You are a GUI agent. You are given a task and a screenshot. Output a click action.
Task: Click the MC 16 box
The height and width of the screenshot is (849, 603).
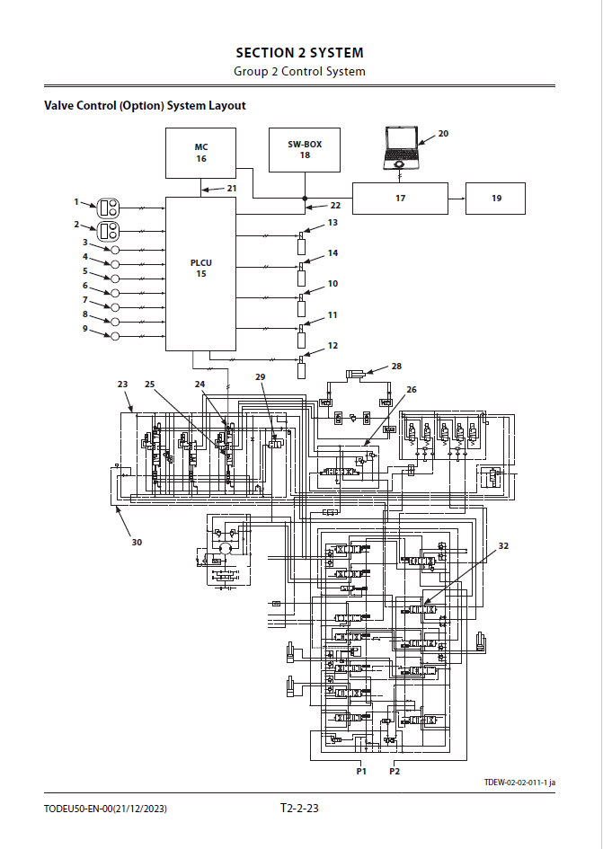pyautogui.click(x=200, y=154)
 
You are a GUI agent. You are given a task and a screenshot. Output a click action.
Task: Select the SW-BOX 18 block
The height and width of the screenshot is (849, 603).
pyautogui.click(x=305, y=150)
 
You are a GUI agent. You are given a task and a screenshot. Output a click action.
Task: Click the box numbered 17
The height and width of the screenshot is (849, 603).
pyautogui.click(x=401, y=199)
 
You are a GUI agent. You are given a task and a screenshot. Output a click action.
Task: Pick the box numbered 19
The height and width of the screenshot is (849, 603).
pyautogui.click(x=496, y=199)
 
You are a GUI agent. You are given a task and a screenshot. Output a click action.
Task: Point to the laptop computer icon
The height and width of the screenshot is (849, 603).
pyautogui.click(x=401, y=147)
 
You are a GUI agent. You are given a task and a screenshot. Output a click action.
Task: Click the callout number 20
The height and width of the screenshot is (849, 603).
pyautogui.click(x=443, y=133)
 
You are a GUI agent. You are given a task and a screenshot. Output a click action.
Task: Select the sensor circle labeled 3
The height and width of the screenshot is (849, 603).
pyautogui.click(x=115, y=250)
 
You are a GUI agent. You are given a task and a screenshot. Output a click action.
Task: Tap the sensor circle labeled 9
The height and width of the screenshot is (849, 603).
pyautogui.click(x=115, y=336)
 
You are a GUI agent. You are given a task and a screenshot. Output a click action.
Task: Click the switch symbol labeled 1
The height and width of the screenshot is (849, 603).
pyautogui.click(x=107, y=208)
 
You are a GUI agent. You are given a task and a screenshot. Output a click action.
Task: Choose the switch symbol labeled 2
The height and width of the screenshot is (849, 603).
pyautogui.click(x=107, y=231)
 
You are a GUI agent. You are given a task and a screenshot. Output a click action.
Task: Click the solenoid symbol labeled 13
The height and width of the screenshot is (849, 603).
pyautogui.click(x=301, y=243)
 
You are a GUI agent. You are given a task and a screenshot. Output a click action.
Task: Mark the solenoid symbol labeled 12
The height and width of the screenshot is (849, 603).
pyautogui.click(x=301, y=367)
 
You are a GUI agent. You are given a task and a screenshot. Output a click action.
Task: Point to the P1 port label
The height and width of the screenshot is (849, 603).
pyautogui.click(x=361, y=771)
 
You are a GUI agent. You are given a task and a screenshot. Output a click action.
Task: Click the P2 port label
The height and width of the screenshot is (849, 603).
pyautogui.click(x=395, y=771)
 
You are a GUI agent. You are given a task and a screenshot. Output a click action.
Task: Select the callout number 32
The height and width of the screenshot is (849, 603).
pyautogui.click(x=503, y=546)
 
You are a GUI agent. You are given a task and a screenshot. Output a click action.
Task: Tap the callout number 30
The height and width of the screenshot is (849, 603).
pyautogui.click(x=137, y=542)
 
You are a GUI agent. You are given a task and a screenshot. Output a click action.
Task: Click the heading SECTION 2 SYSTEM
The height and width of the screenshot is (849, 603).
pyautogui.click(x=299, y=53)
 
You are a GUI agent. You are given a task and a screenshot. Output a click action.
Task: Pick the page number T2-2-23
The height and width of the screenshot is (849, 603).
pyautogui.click(x=299, y=809)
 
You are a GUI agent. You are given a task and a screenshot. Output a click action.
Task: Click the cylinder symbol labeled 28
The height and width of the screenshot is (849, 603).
pyautogui.click(x=355, y=373)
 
